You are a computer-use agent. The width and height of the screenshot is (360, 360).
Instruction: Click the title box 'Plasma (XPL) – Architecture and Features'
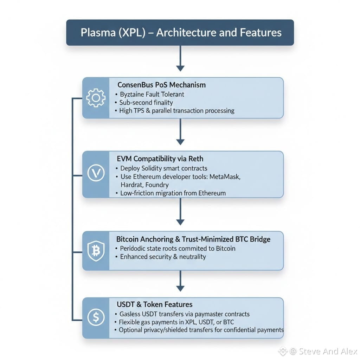point(180,33)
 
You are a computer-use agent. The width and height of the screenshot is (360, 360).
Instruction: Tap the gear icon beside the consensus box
point(96,98)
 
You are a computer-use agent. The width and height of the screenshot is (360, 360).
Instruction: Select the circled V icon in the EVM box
point(96,174)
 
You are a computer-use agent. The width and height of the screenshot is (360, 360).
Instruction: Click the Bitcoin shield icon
point(96,251)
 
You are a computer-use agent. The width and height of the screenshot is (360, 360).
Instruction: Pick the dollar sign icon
point(96,317)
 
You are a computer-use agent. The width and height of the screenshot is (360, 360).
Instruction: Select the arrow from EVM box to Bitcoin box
point(180,211)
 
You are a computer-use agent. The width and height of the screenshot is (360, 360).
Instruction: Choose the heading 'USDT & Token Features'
point(155,304)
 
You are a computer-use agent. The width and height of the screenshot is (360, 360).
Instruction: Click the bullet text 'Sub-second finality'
point(146,102)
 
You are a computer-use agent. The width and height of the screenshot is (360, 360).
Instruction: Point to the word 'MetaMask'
point(225,176)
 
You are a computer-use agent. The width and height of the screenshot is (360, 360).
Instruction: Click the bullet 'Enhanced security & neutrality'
point(163,257)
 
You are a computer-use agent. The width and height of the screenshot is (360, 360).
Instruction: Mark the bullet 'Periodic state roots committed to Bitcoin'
point(178,248)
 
